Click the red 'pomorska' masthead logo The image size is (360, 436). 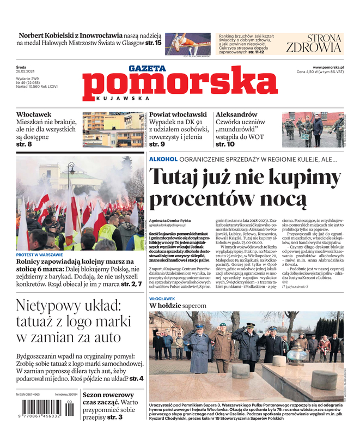(x=173, y=87)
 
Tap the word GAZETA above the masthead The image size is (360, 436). (x=147, y=69)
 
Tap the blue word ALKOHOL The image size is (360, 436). (x=163, y=159)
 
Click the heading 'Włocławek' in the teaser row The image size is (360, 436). (x=33, y=115)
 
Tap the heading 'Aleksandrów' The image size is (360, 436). (x=236, y=115)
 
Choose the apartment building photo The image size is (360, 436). (x=113, y=130)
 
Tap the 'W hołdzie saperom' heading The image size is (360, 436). (x=178, y=306)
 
